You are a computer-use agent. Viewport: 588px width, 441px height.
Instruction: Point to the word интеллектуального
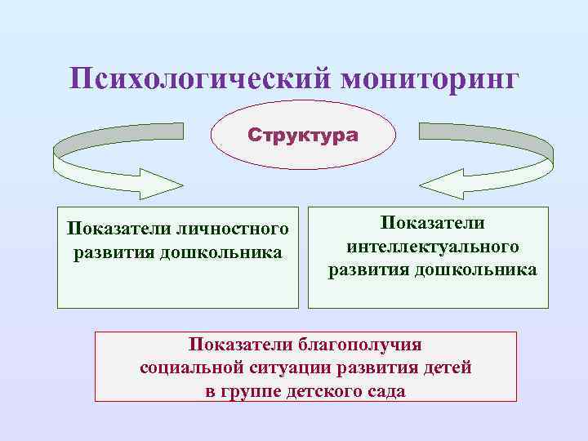coord(432,246)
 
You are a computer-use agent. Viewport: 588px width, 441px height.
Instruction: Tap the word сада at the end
coord(386,391)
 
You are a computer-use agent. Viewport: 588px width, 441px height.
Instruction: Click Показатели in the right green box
coord(432,223)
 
